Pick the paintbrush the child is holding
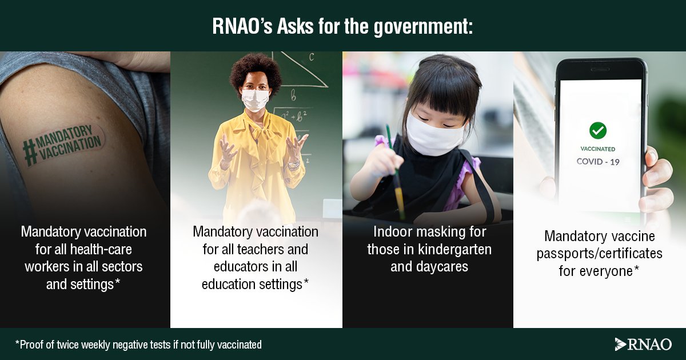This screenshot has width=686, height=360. click(394, 171)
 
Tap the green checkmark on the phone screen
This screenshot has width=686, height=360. click(598, 130)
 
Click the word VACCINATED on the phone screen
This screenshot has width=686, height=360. click(598, 149)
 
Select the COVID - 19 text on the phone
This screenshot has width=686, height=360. click(598, 162)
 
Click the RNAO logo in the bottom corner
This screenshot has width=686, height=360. click(643, 344)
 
